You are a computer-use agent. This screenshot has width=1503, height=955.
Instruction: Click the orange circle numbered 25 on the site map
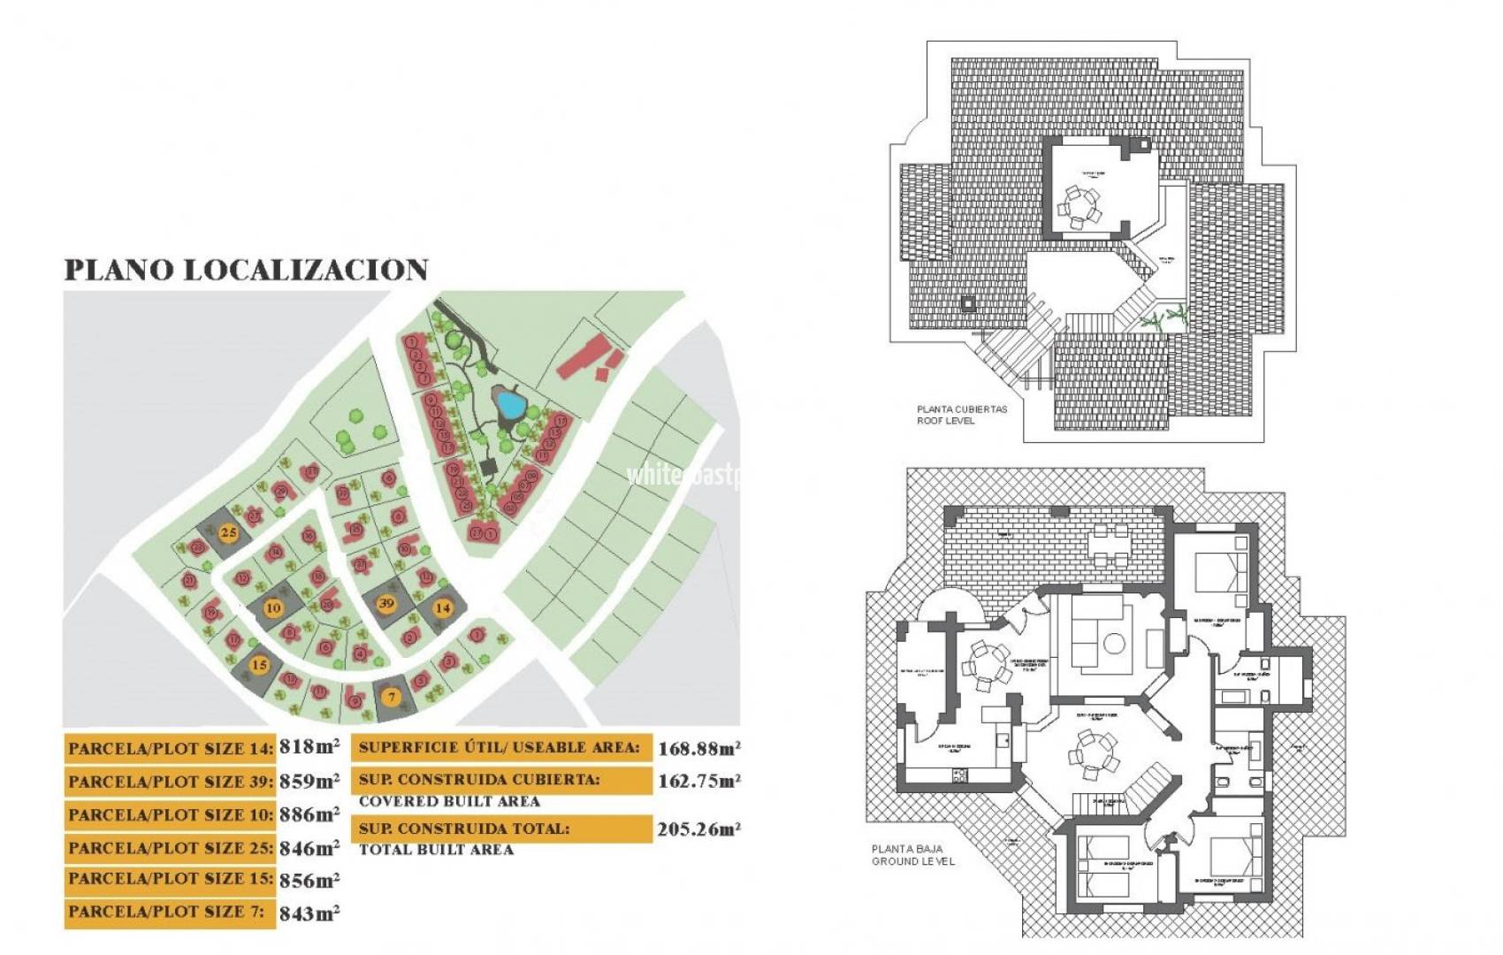(229, 532)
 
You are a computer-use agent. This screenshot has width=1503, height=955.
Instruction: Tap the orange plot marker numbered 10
(273, 608)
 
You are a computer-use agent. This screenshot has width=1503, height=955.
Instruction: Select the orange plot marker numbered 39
(386, 604)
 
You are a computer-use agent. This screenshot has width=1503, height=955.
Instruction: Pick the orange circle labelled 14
(442, 608)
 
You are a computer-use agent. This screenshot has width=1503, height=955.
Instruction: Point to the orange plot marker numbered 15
(259, 665)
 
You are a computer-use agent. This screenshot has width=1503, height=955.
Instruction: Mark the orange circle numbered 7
(392, 697)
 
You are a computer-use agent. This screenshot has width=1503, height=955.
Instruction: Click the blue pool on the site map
(510, 405)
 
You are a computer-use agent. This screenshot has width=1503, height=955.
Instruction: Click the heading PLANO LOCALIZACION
(247, 270)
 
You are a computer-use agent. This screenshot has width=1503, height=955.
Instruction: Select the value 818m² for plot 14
(309, 746)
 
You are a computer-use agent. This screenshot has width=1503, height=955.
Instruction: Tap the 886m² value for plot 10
(309, 814)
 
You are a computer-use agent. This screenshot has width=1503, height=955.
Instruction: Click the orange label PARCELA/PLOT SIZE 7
(168, 913)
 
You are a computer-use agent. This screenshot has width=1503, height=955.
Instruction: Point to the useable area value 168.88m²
(698, 749)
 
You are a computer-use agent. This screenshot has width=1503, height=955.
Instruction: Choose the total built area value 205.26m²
(698, 829)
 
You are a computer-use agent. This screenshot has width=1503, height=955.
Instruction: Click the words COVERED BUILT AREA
(449, 801)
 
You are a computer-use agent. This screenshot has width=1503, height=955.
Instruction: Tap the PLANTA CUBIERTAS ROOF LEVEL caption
(961, 415)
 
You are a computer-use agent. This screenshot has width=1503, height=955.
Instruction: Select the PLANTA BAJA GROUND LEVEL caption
(913, 855)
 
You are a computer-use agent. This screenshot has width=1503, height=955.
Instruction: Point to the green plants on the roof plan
(1162, 318)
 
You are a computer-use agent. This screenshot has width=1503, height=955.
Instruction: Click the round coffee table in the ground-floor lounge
(1114, 644)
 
